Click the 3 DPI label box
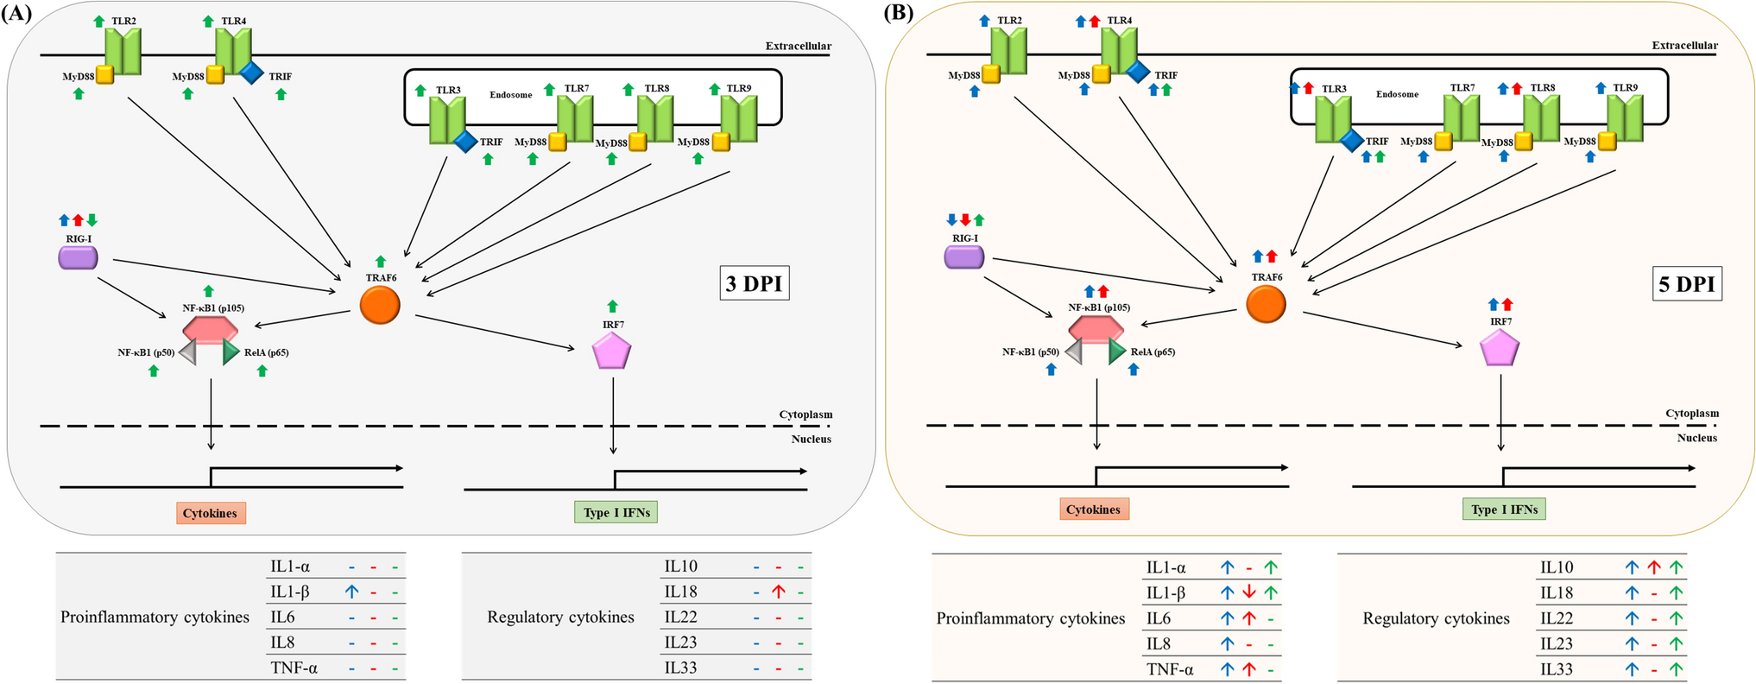pos(754,283)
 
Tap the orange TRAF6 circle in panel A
pos(380,305)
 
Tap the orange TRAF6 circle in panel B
pos(1266,304)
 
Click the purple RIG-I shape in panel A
pos(78,257)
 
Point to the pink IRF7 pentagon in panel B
pos(1500,349)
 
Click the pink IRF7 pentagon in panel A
pos(611,351)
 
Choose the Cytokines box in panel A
pos(211,513)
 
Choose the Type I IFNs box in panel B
pos(1504,510)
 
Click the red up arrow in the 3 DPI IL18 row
pos(778,592)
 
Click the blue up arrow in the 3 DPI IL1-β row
pos(351,592)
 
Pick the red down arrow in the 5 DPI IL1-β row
pos(1248,592)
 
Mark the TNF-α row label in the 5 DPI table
pos(1170,668)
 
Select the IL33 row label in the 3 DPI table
pos(680,668)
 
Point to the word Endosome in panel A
pos(511,95)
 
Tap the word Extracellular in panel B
pos(1684,46)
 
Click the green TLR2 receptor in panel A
pos(123,51)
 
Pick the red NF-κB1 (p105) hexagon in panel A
pos(210,329)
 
